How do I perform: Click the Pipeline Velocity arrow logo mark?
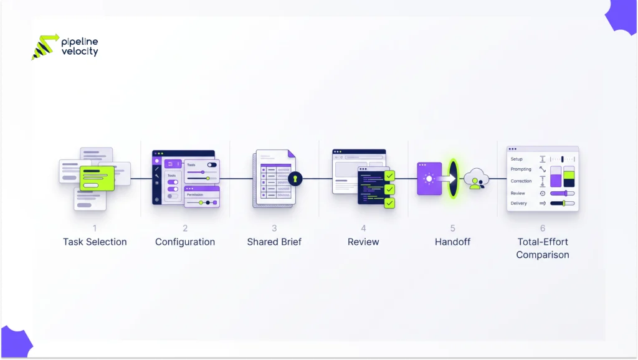click(45, 47)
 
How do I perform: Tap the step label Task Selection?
click(95, 242)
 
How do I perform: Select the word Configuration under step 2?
click(184, 242)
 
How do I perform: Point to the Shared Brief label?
click(274, 242)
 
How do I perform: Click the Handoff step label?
click(452, 242)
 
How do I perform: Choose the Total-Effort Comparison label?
click(543, 248)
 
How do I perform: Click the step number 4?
click(363, 228)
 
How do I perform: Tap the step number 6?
click(543, 228)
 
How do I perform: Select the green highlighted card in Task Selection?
click(97, 178)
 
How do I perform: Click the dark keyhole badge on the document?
click(295, 179)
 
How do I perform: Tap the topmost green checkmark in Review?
click(389, 176)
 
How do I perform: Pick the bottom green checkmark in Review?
click(389, 203)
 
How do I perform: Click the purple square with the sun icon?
click(429, 179)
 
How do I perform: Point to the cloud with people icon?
click(476, 179)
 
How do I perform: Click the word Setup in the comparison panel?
click(517, 159)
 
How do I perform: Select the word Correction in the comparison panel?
click(521, 181)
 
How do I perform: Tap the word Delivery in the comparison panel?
click(519, 204)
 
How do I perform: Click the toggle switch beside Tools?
click(212, 165)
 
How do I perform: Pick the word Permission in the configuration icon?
click(195, 195)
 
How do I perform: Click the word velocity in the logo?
click(80, 52)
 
